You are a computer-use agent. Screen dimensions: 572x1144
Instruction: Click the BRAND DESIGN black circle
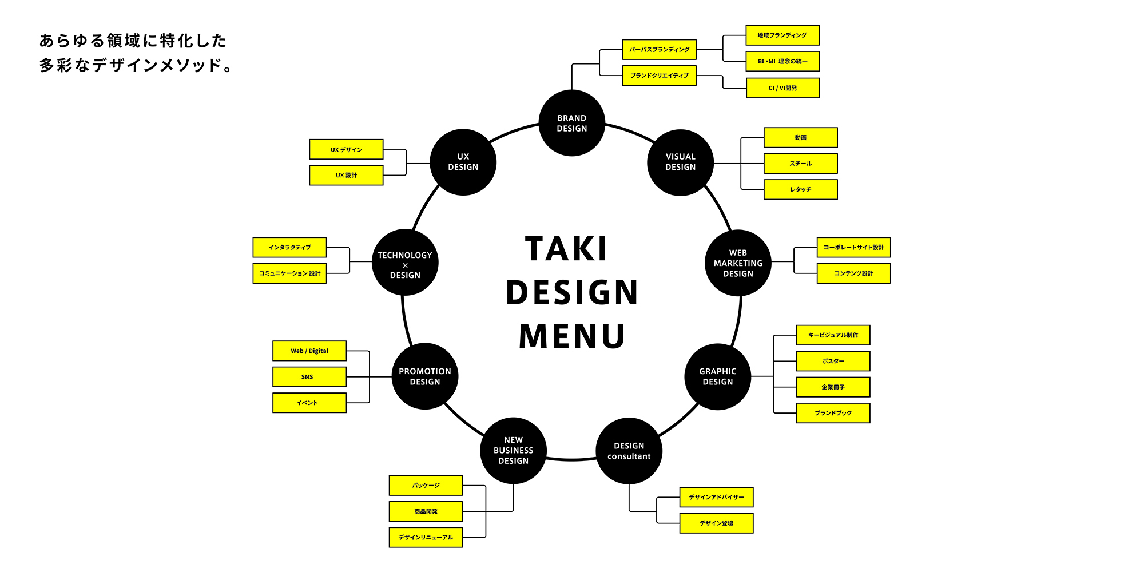click(x=571, y=123)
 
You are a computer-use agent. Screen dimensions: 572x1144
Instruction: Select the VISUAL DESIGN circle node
click(x=680, y=162)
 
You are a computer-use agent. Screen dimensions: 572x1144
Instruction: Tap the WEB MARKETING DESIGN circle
click(x=738, y=263)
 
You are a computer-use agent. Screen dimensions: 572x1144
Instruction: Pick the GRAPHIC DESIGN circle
click(x=717, y=376)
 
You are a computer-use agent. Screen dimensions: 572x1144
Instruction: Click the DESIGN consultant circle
click(x=629, y=451)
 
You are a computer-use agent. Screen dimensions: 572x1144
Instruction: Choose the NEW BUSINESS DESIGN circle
click(x=513, y=451)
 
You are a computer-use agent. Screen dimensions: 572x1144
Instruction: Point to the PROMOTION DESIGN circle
click(x=424, y=376)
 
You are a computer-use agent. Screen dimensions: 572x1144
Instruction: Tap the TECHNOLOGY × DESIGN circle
click(x=405, y=263)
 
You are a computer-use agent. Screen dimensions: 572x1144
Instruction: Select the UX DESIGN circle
click(x=463, y=162)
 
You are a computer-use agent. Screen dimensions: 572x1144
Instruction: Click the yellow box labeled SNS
click(x=309, y=377)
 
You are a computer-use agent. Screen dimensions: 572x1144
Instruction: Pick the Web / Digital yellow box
click(x=309, y=351)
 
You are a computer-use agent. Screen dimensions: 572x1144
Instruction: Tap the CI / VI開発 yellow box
click(x=782, y=88)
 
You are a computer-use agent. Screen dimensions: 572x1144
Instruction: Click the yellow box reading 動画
click(x=800, y=138)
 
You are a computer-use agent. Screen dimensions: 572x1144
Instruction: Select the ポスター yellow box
click(x=833, y=361)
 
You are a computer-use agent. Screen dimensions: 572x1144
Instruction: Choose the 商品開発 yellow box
click(x=426, y=511)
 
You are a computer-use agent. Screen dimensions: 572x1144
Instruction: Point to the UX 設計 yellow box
click(x=346, y=176)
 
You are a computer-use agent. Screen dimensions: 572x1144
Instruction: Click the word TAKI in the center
click(x=566, y=249)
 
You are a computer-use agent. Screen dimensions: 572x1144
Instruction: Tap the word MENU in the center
click(x=571, y=336)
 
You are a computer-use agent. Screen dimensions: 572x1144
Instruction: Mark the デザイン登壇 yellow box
click(x=716, y=523)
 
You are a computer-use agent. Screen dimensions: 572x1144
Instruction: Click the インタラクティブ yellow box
click(x=289, y=247)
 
